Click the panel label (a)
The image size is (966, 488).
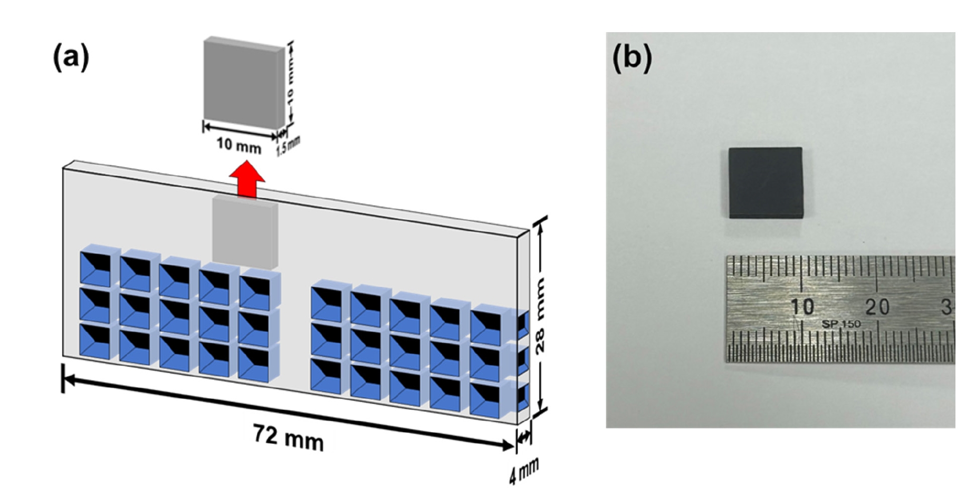(x=71, y=57)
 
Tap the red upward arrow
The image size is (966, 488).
(x=247, y=180)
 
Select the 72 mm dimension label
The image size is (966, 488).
(x=288, y=438)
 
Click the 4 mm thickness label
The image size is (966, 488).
(x=523, y=471)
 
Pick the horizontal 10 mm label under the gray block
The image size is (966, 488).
(x=238, y=145)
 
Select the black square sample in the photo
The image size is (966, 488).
(x=765, y=182)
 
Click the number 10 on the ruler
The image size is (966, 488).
(x=802, y=307)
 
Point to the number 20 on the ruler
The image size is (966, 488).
(x=877, y=307)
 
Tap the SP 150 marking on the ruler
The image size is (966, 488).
(x=841, y=324)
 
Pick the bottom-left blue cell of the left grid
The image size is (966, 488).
(x=95, y=340)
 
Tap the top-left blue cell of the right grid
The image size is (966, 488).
(x=327, y=302)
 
